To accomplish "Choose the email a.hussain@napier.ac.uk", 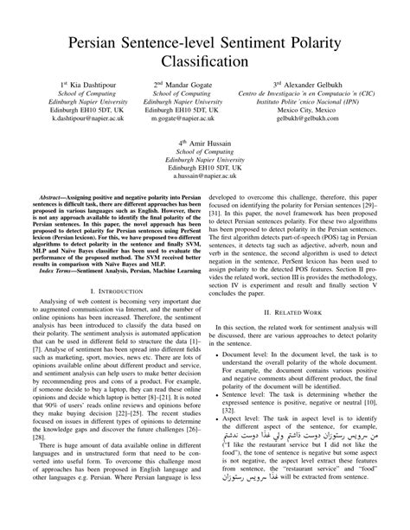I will [x=204, y=175].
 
